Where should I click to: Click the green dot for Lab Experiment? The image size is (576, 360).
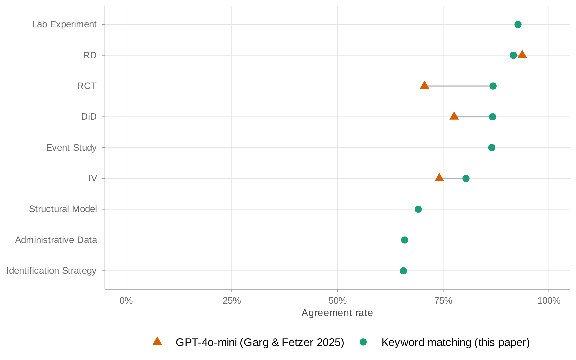pos(518,24)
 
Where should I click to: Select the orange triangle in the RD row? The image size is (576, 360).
pos(522,55)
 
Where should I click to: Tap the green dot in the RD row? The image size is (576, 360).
pos(513,55)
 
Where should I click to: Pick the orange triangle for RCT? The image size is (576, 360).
pos(424,85)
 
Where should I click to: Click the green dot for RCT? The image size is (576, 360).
pos(493,86)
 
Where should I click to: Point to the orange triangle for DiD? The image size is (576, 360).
pos(454,116)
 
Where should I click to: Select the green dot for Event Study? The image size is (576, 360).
pos(492,148)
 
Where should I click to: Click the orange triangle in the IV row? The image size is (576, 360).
pos(439,178)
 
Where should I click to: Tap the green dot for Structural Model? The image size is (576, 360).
pos(418,209)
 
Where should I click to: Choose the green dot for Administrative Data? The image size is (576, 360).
pos(405,240)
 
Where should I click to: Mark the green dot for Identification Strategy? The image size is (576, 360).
pos(403,271)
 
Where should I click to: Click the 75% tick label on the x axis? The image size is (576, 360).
pos(443,301)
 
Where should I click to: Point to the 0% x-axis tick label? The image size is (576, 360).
pos(126,301)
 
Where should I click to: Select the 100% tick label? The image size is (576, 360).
pos(549,301)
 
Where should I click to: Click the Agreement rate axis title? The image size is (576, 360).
pos(337,313)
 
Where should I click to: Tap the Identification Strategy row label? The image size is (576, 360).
pos(51,271)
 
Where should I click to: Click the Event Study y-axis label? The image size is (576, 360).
pos(71,148)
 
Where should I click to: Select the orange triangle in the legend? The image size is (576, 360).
pos(157,341)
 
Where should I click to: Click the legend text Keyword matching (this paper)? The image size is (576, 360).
pos(455,342)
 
